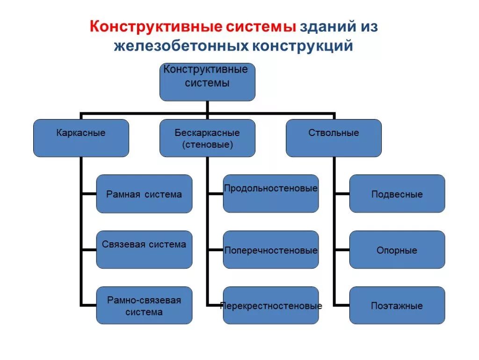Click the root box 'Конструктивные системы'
(x=207, y=82)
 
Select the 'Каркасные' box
(x=81, y=138)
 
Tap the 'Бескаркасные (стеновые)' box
(x=207, y=138)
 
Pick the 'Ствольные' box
(x=334, y=138)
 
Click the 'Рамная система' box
(x=144, y=194)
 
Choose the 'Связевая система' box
(x=144, y=249)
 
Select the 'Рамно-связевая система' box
(x=144, y=305)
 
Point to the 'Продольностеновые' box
(x=271, y=194)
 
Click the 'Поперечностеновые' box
(x=271, y=249)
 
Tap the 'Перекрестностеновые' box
(x=271, y=305)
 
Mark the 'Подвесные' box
(x=397, y=194)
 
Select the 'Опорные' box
(x=397, y=249)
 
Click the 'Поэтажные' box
(x=397, y=305)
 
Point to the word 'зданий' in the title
(x=327, y=27)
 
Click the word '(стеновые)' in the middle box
(x=207, y=145)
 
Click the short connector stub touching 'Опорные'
(x=342, y=250)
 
